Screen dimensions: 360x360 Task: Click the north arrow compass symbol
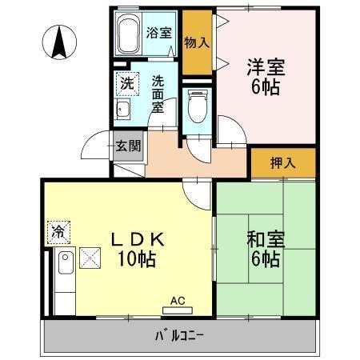click(59, 42)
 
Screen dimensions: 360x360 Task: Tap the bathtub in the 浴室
click(129, 34)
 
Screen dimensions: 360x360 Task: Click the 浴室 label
click(158, 33)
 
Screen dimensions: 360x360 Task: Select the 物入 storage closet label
click(197, 42)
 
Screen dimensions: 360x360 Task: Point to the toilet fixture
click(198, 106)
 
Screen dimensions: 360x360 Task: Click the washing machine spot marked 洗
click(127, 84)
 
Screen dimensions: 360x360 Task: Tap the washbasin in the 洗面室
click(123, 109)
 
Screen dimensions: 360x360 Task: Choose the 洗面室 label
click(158, 94)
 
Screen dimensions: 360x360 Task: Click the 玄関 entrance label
click(128, 146)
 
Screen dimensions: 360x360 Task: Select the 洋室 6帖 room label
click(266, 77)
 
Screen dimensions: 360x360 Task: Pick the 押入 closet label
click(283, 162)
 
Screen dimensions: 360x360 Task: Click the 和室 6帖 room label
click(266, 249)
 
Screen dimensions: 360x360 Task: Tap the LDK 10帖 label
click(138, 249)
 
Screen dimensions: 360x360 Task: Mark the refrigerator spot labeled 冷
click(58, 232)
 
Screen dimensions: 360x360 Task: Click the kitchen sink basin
click(66, 262)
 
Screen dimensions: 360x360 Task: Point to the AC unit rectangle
click(178, 310)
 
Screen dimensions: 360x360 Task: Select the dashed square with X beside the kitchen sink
click(90, 258)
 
